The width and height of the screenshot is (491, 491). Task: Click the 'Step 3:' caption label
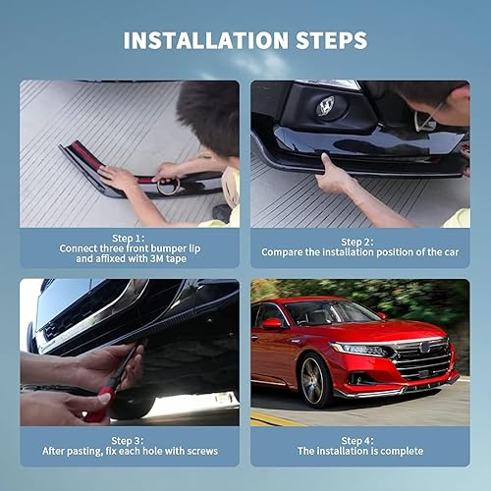(129, 439)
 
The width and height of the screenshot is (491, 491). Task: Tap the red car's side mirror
(272, 323)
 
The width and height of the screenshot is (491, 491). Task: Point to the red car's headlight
(362, 350)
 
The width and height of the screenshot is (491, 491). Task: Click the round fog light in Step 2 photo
(325, 106)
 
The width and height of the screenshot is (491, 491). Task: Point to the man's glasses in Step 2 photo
(425, 120)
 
